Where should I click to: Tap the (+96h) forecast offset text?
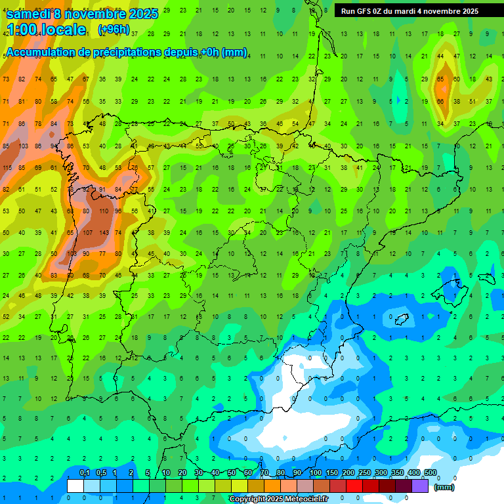[x=114, y=30]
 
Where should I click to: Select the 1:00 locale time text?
[x=46, y=30]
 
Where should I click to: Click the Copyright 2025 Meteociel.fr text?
[x=278, y=499]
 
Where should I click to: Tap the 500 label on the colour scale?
[x=430, y=473]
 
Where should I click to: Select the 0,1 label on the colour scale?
[x=85, y=473]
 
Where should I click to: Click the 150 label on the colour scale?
[x=332, y=473]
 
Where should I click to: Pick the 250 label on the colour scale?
[x=365, y=473]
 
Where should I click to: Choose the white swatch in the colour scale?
[x=75, y=486]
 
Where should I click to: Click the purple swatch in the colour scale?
[x=420, y=486]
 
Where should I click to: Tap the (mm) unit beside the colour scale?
[x=444, y=487]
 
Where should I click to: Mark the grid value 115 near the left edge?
[x=7, y=168]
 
